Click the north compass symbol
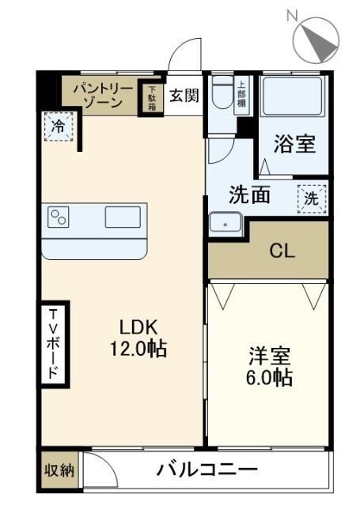click(317, 36)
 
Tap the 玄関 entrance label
click(184, 95)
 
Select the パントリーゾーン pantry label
click(99, 95)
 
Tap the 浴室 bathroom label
click(295, 145)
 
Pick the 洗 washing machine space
click(310, 199)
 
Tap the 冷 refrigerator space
click(58, 126)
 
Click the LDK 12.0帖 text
click(141, 337)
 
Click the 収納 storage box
click(59, 471)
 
